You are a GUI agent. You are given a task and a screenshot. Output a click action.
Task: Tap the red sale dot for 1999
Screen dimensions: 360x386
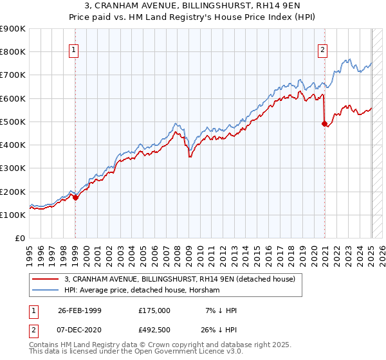pos(75,197)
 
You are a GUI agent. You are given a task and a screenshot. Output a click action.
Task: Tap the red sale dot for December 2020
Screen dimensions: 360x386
pos(324,124)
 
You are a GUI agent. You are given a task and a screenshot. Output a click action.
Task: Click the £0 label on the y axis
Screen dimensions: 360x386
pos(19,239)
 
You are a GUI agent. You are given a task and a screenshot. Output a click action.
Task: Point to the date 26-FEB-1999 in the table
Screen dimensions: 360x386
pos(79,310)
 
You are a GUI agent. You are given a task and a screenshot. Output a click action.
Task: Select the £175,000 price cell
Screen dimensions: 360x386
pos(154,310)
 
